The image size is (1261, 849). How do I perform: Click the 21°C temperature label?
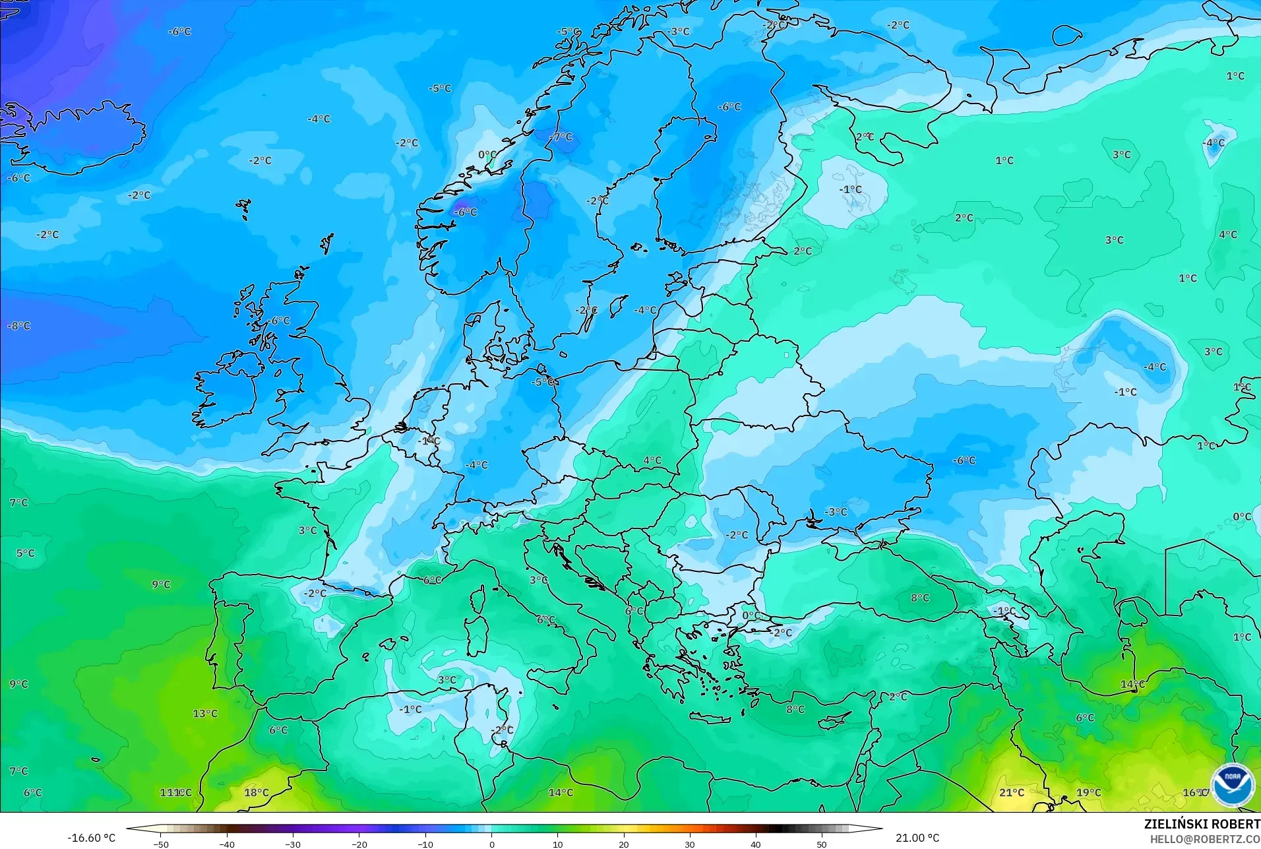pos(1012,792)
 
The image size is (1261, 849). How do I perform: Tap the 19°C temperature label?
pos(1089,792)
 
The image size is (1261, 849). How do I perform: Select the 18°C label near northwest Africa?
pos(257,792)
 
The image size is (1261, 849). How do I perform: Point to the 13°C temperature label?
pos(205,713)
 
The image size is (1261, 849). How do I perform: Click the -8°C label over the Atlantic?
pos(19,326)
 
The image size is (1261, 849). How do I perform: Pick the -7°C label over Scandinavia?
pos(561,137)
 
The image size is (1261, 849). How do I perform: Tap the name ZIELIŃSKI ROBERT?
pos(1202,824)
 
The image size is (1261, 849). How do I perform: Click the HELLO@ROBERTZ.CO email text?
pos(1205,839)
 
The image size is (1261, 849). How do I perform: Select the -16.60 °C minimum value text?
pos(91,838)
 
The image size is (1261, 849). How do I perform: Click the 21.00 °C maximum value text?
pos(917,838)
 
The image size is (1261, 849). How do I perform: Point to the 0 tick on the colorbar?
pos(491,844)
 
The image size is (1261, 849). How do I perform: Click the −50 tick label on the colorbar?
pos(160,844)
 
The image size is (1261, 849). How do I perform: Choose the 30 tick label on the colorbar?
pos(689,844)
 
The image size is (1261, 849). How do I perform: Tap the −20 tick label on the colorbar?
pos(359,844)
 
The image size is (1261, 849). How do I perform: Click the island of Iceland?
pos(79,139)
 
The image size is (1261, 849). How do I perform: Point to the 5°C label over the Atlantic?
pos(26,553)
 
